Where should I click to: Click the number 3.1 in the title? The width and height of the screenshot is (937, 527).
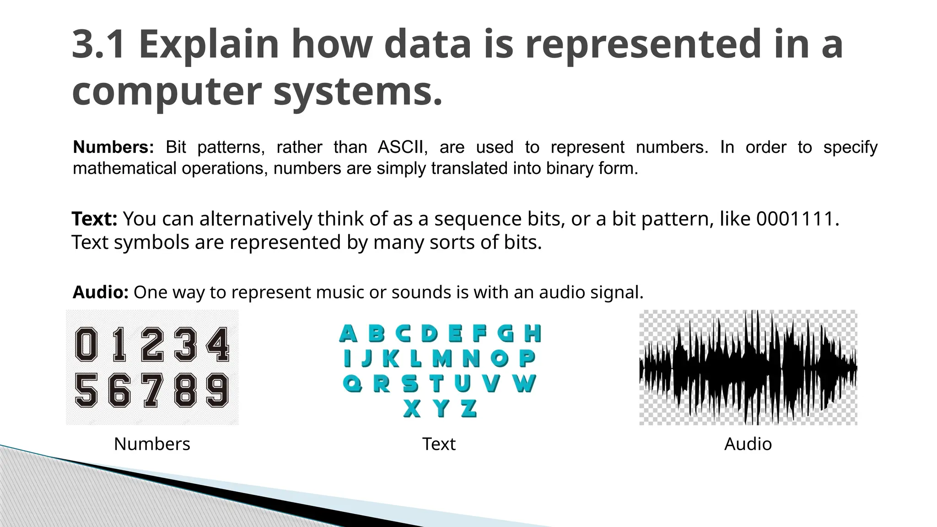click(x=98, y=44)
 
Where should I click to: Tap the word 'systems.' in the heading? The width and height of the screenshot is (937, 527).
click(x=358, y=91)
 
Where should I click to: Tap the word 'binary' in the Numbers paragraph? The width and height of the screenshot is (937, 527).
click(x=564, y=169)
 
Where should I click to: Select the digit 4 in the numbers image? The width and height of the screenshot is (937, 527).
click(x=218, y=344)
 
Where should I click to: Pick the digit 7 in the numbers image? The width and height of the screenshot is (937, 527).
click(x=152, y=390)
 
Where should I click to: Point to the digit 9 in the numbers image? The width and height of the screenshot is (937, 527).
click(x=217, y=390)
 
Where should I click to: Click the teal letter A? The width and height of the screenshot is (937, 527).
click(x=348, y=333)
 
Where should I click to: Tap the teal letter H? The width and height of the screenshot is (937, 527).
click(x=533, y=333)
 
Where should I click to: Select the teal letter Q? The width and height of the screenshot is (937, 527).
click(x=352, y=383)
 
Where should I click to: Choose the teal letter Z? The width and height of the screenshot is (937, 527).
click(x=468, y=408)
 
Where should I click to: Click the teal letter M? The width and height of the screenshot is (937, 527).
click(x=442, y=359)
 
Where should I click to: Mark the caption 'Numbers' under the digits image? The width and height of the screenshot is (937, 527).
click(x=152, y=444)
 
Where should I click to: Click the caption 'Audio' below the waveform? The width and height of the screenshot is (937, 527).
click(x=748, y=444)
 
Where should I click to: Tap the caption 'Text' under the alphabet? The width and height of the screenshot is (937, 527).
click(x=439, y=444)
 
